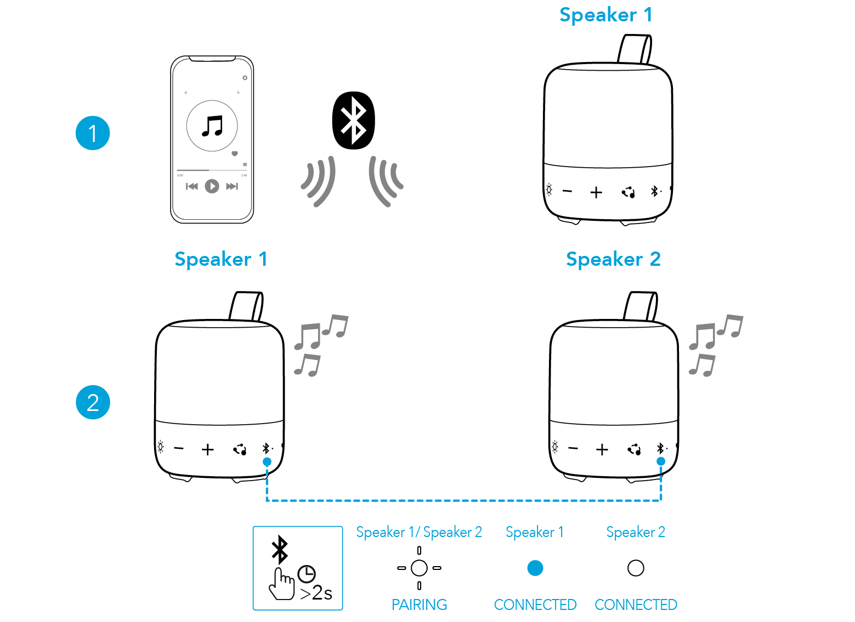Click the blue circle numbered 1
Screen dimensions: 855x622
(93, 133)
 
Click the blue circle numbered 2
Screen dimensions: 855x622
(93, 402)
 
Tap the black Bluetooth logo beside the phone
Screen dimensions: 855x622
(353, 120)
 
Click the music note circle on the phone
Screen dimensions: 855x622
(212, 126)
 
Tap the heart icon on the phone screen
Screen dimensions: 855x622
(235, 153)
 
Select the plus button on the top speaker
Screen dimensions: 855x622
(596, 192)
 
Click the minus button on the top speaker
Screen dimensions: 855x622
(568, 191)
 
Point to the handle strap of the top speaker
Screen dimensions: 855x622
(635, 49)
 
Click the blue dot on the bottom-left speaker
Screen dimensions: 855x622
(267, 462)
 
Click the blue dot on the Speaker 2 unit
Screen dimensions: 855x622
(661, 461)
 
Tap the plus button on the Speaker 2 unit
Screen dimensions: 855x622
(602, 449)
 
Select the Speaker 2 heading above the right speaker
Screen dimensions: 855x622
(613, 259)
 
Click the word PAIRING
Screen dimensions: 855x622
(419, 605)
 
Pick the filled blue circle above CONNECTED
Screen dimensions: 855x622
(535, 568)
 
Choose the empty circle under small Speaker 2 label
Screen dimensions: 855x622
(636, 568)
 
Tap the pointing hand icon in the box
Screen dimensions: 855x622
(282, 584)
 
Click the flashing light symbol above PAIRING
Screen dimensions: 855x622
(419, 568)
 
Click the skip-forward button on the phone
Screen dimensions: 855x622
(232, 186)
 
